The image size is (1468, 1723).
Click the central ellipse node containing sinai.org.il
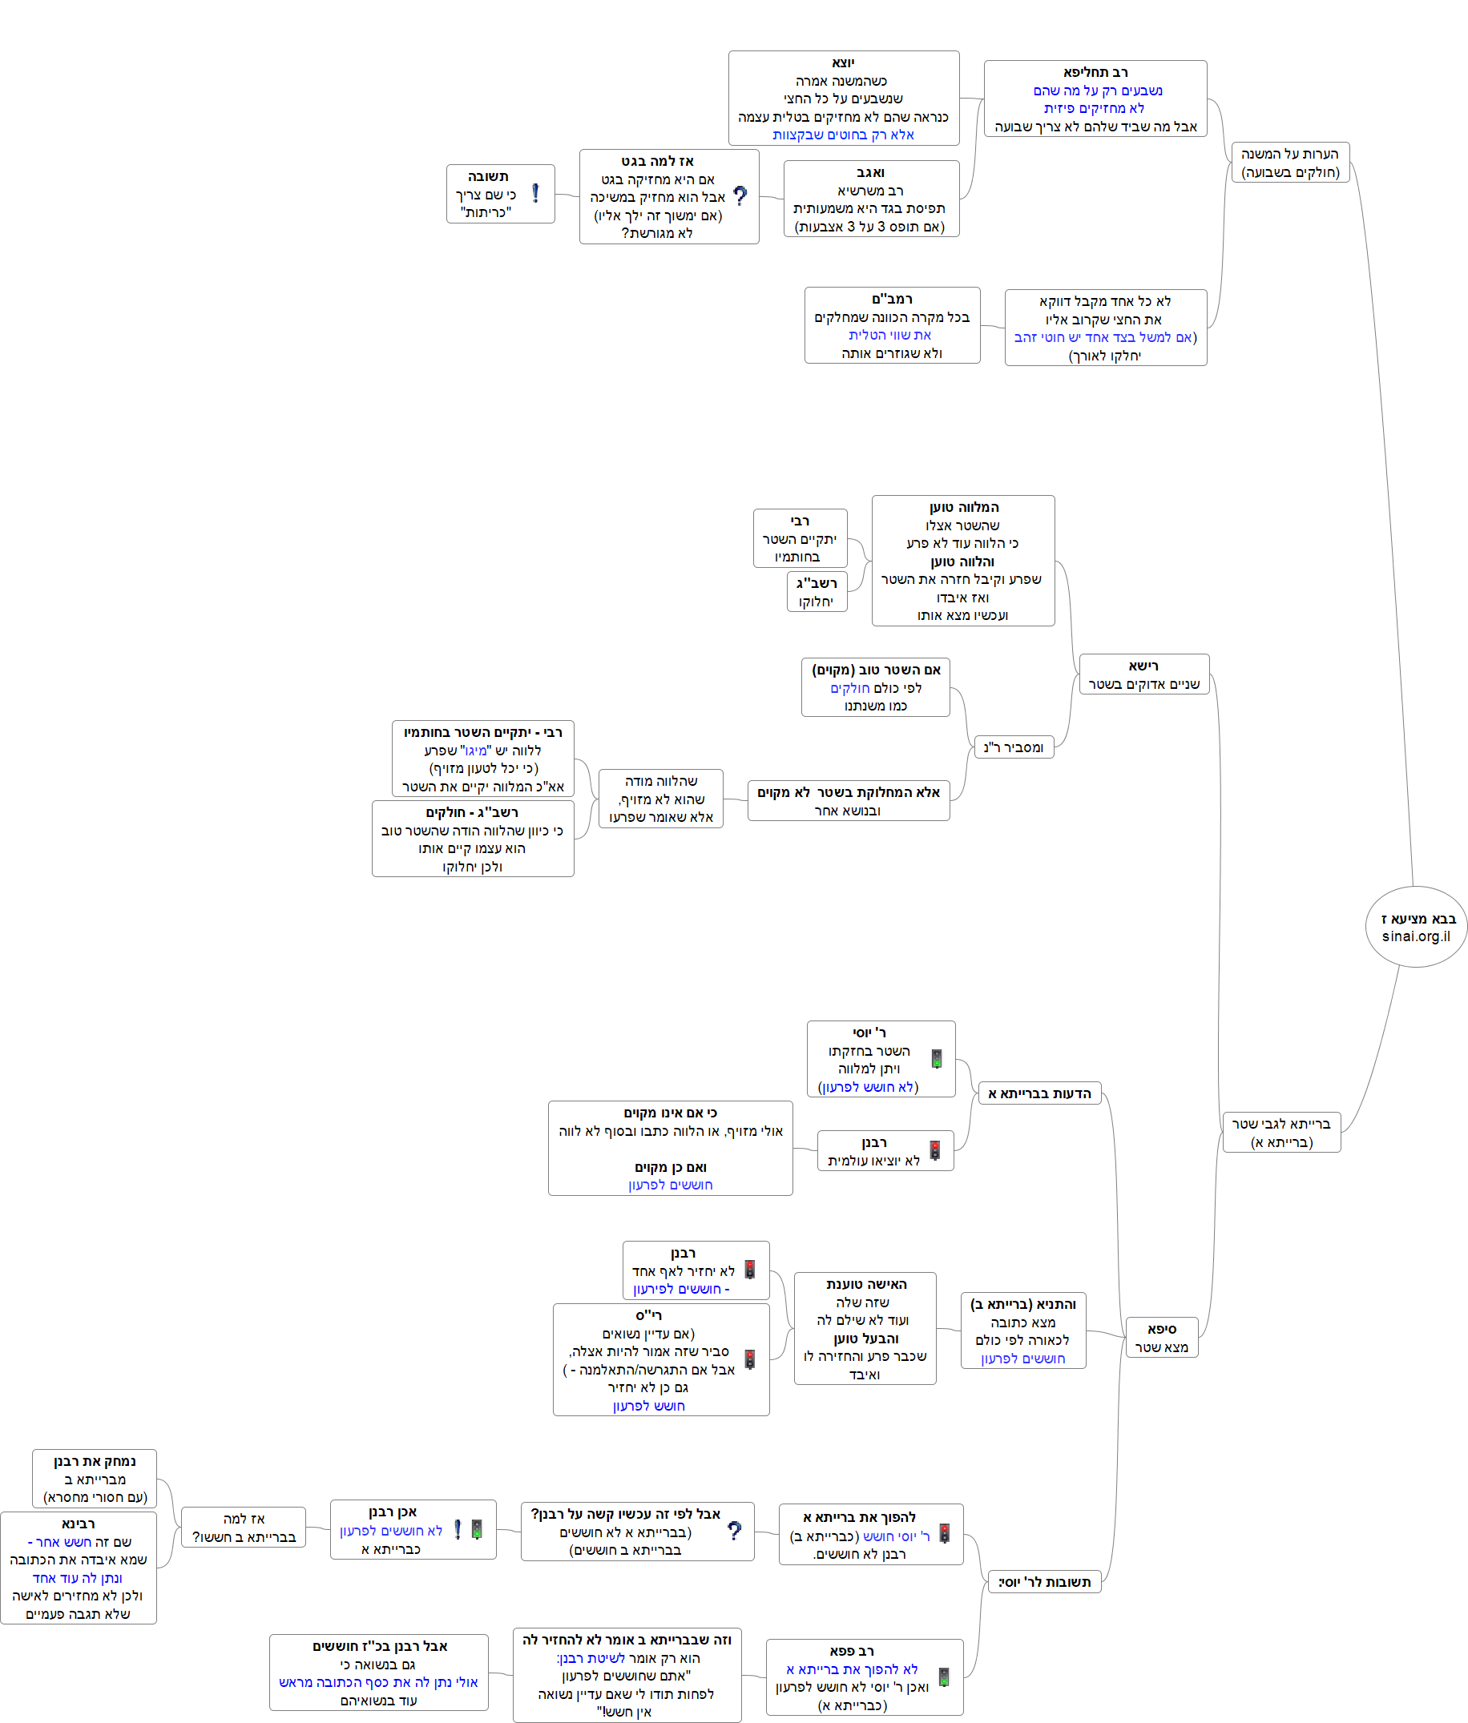[x=1416, y=926]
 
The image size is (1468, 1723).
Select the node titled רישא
[x=1143, y=674]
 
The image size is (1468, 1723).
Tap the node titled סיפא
[x=1161, y=1337]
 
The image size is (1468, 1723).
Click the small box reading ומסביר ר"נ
[x=1013, y=747]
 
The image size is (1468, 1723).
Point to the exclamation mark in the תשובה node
[x=534, y=193]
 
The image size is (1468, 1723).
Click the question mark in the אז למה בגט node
[x=740, y=196]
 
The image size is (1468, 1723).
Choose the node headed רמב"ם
[x=892, y=325]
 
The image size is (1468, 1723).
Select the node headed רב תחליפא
[x=1095, y=98]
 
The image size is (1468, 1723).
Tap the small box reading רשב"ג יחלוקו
[x=816, y=591]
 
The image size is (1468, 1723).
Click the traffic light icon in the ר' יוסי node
[x=936, y=1059]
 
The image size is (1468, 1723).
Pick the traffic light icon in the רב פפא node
[x=943, y=1677]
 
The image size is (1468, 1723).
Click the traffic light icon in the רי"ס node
[x=749, y=1359]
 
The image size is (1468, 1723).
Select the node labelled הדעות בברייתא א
[x=1038, y=1093]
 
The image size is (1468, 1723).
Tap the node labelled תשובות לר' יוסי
[x=1044, y=1582]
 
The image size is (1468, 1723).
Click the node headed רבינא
[x=79, y=1568]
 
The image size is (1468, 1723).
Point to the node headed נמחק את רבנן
[x=95, y=1479]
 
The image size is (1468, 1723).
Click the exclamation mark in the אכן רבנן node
[x=457, y=1530]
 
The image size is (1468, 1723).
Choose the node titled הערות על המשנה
[x=1289, y=162]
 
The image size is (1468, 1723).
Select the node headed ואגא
[x=870, y=199]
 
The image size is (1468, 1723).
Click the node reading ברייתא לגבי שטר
[x=1280, y=1132]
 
